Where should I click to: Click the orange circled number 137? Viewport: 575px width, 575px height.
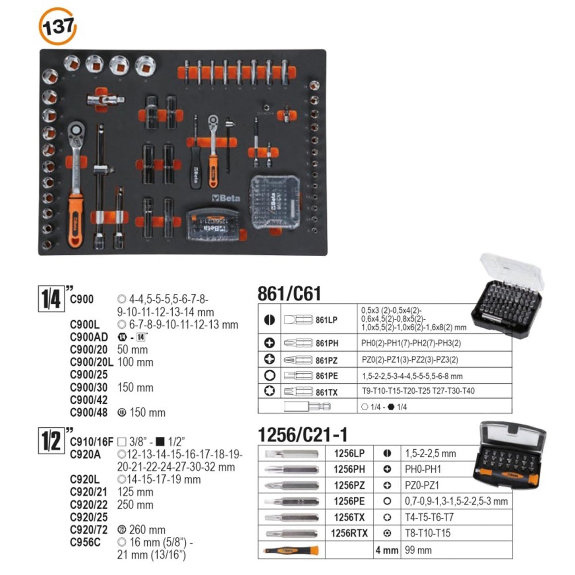coord(58,27)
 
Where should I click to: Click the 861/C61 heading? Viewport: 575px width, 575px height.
coord(289,294)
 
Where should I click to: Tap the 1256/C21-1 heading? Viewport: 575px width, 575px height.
coord(302,435)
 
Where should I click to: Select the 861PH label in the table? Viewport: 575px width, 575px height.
coord(326,343)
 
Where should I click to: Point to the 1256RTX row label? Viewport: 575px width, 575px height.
coord(349,533)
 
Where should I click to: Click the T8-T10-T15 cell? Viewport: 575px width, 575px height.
coord(427,533)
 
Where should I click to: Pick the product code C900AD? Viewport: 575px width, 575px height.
coord(89,337)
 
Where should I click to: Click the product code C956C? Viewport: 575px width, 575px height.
coord(85,542)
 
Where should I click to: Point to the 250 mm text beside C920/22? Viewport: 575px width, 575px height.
coord(135,505)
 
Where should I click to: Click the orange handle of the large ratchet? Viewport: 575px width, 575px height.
coord(75,219)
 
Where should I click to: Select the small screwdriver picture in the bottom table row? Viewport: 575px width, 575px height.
coord(291,551)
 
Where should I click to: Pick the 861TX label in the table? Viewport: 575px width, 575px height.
coord(326,392)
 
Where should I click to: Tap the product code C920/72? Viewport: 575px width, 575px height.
coord(89,530)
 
